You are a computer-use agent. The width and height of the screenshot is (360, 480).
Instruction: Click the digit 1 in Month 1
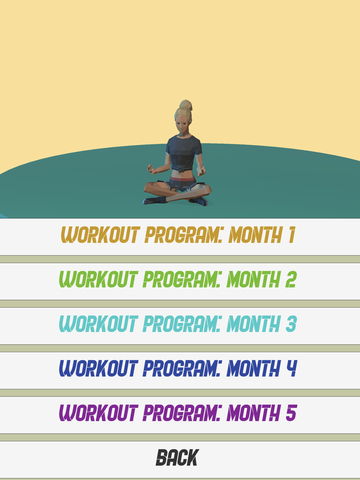click(x=292, y=235)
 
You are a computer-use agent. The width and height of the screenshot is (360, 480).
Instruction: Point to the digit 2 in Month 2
click(x=291, y=279)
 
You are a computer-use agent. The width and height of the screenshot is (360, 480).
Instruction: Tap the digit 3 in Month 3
click(x=291, y=324)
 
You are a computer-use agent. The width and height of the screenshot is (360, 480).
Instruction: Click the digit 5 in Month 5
click(x=291, y=413)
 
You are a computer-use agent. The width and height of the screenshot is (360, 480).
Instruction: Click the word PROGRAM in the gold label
click(x=183, y=235)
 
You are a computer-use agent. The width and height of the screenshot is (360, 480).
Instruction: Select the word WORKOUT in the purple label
click(x=99, y=413)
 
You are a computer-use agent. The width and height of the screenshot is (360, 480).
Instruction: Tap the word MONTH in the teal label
click(x=253, y=324)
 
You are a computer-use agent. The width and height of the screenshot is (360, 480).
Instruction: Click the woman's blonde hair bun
click(x=186, y=105)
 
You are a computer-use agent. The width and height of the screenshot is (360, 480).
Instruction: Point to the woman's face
click(x=182, y=124)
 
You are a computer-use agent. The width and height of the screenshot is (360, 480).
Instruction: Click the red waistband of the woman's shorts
click(x=182, y=179)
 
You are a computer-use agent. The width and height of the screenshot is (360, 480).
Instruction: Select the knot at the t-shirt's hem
click(x=180, y=170)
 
